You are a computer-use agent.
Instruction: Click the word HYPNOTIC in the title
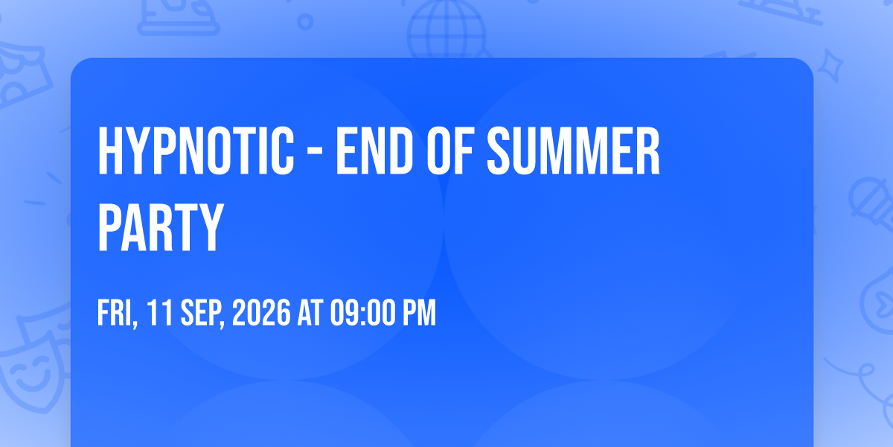[196, 150]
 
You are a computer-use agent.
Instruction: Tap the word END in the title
[374, 150]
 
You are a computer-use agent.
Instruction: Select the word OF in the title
[449, 150]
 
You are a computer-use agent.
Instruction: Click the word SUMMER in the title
[573, 150]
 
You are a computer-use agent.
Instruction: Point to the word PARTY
[160, 227]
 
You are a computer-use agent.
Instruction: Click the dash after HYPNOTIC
[316, 153]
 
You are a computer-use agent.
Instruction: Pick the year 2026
[261, 312]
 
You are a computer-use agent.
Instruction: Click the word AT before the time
[310, 312]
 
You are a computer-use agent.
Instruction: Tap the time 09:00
[362, 312]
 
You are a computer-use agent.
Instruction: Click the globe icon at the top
[446, 28]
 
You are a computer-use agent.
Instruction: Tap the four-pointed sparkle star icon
[830, 66]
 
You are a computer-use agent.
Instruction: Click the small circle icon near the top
[305, 22]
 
